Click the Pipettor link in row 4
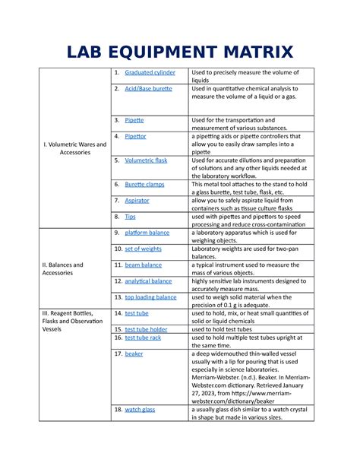click(136, 136)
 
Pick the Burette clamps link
click(145, 184)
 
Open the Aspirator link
click(137, 201)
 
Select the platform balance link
click(147, 233)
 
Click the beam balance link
click(144, 265)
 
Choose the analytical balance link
click(149, 281)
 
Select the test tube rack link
click(142, 338)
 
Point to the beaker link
click(134, 353)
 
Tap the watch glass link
click(140, 409)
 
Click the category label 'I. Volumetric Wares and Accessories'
click(75, 147)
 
